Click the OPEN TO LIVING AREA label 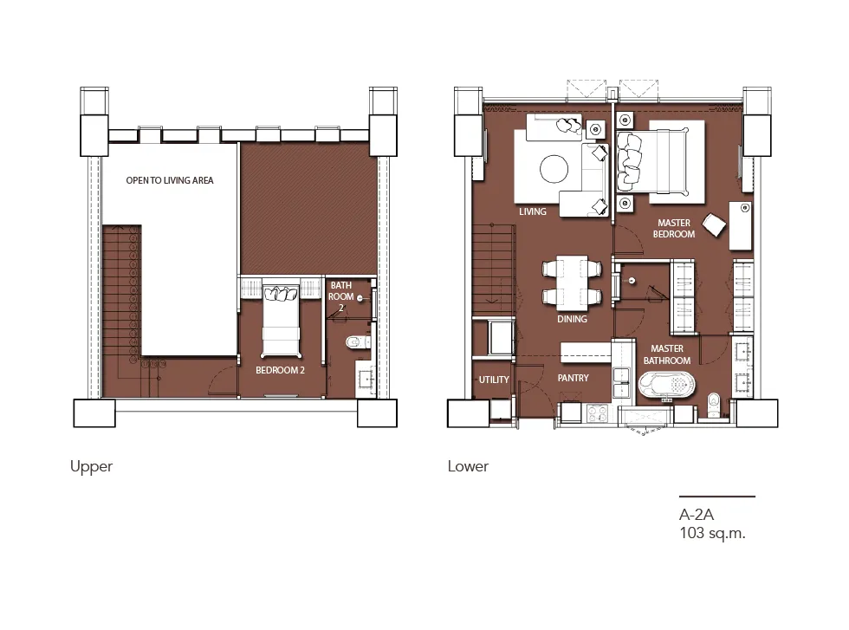pos(170,180)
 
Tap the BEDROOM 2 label pos(280,371)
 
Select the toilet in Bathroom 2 pos(357,341)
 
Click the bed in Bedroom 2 pos(281,320)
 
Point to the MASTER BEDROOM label pos(674,229)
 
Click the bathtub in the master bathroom pos(666,385)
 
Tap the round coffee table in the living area pos(554,169)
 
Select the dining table pos(572,283)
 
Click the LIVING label pos(532,211)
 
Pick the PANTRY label pos(573,378)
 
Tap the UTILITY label pos(494,380)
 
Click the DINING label pos(572,319)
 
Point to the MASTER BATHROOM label pos(667,354)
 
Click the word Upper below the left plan pos(92,467)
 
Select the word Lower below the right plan pos(468,466)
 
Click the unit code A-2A pos(697,514)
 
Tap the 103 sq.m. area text pos(712,533)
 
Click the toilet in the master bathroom pos(714,406)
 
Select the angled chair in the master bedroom pos(714,224)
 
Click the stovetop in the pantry pos(598,414)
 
